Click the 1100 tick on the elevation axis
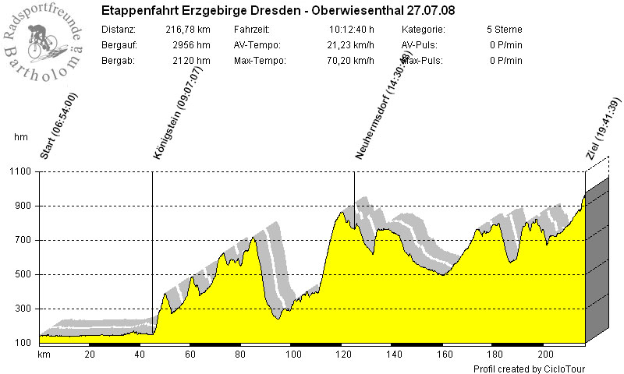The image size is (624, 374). coord(19,171)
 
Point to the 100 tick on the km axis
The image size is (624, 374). coord(294,354)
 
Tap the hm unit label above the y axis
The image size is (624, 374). coord(21,137)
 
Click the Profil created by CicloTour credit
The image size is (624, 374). coord(529,369)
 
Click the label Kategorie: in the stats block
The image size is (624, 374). coord(424,30)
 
